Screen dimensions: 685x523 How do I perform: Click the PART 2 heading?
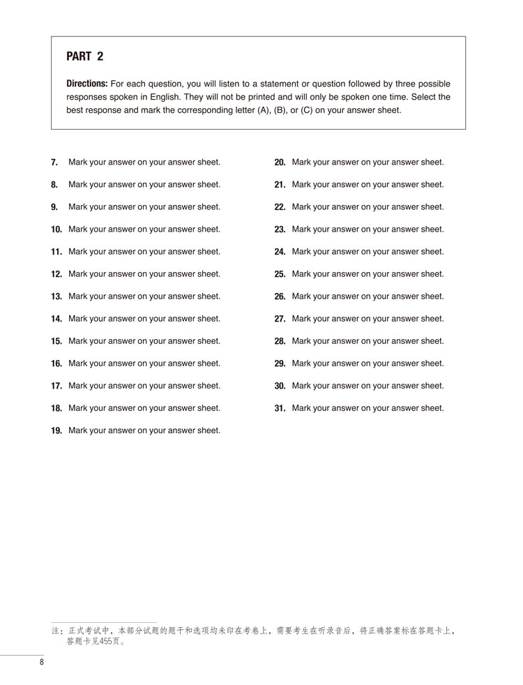(x=84, y=57)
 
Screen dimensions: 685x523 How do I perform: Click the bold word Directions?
(x=86, y=84)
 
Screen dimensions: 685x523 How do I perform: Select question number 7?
(x=54, y=163)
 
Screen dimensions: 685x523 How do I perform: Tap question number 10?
(x=56, y=229)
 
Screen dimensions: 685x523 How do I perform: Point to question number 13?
(x=56, y=296)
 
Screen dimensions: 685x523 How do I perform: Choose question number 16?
(x=56, y=363)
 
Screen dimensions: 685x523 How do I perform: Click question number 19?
(x=56, y=430)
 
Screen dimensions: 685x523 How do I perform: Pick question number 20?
(x=280, y=163)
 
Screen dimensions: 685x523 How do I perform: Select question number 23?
(x=280, y=229)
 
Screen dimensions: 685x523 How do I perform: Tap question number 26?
(x=280, y=296)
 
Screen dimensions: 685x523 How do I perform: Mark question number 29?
(x=280, y=363)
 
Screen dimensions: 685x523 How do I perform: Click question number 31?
(x=280, y=408)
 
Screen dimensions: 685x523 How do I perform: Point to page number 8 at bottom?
(x=42, y=662)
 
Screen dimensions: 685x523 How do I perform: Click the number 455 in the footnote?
(x=99, y=642)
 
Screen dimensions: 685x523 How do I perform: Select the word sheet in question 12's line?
(x=209, y=274)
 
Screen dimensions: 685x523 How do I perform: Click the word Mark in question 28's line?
(x=302, y=341)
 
